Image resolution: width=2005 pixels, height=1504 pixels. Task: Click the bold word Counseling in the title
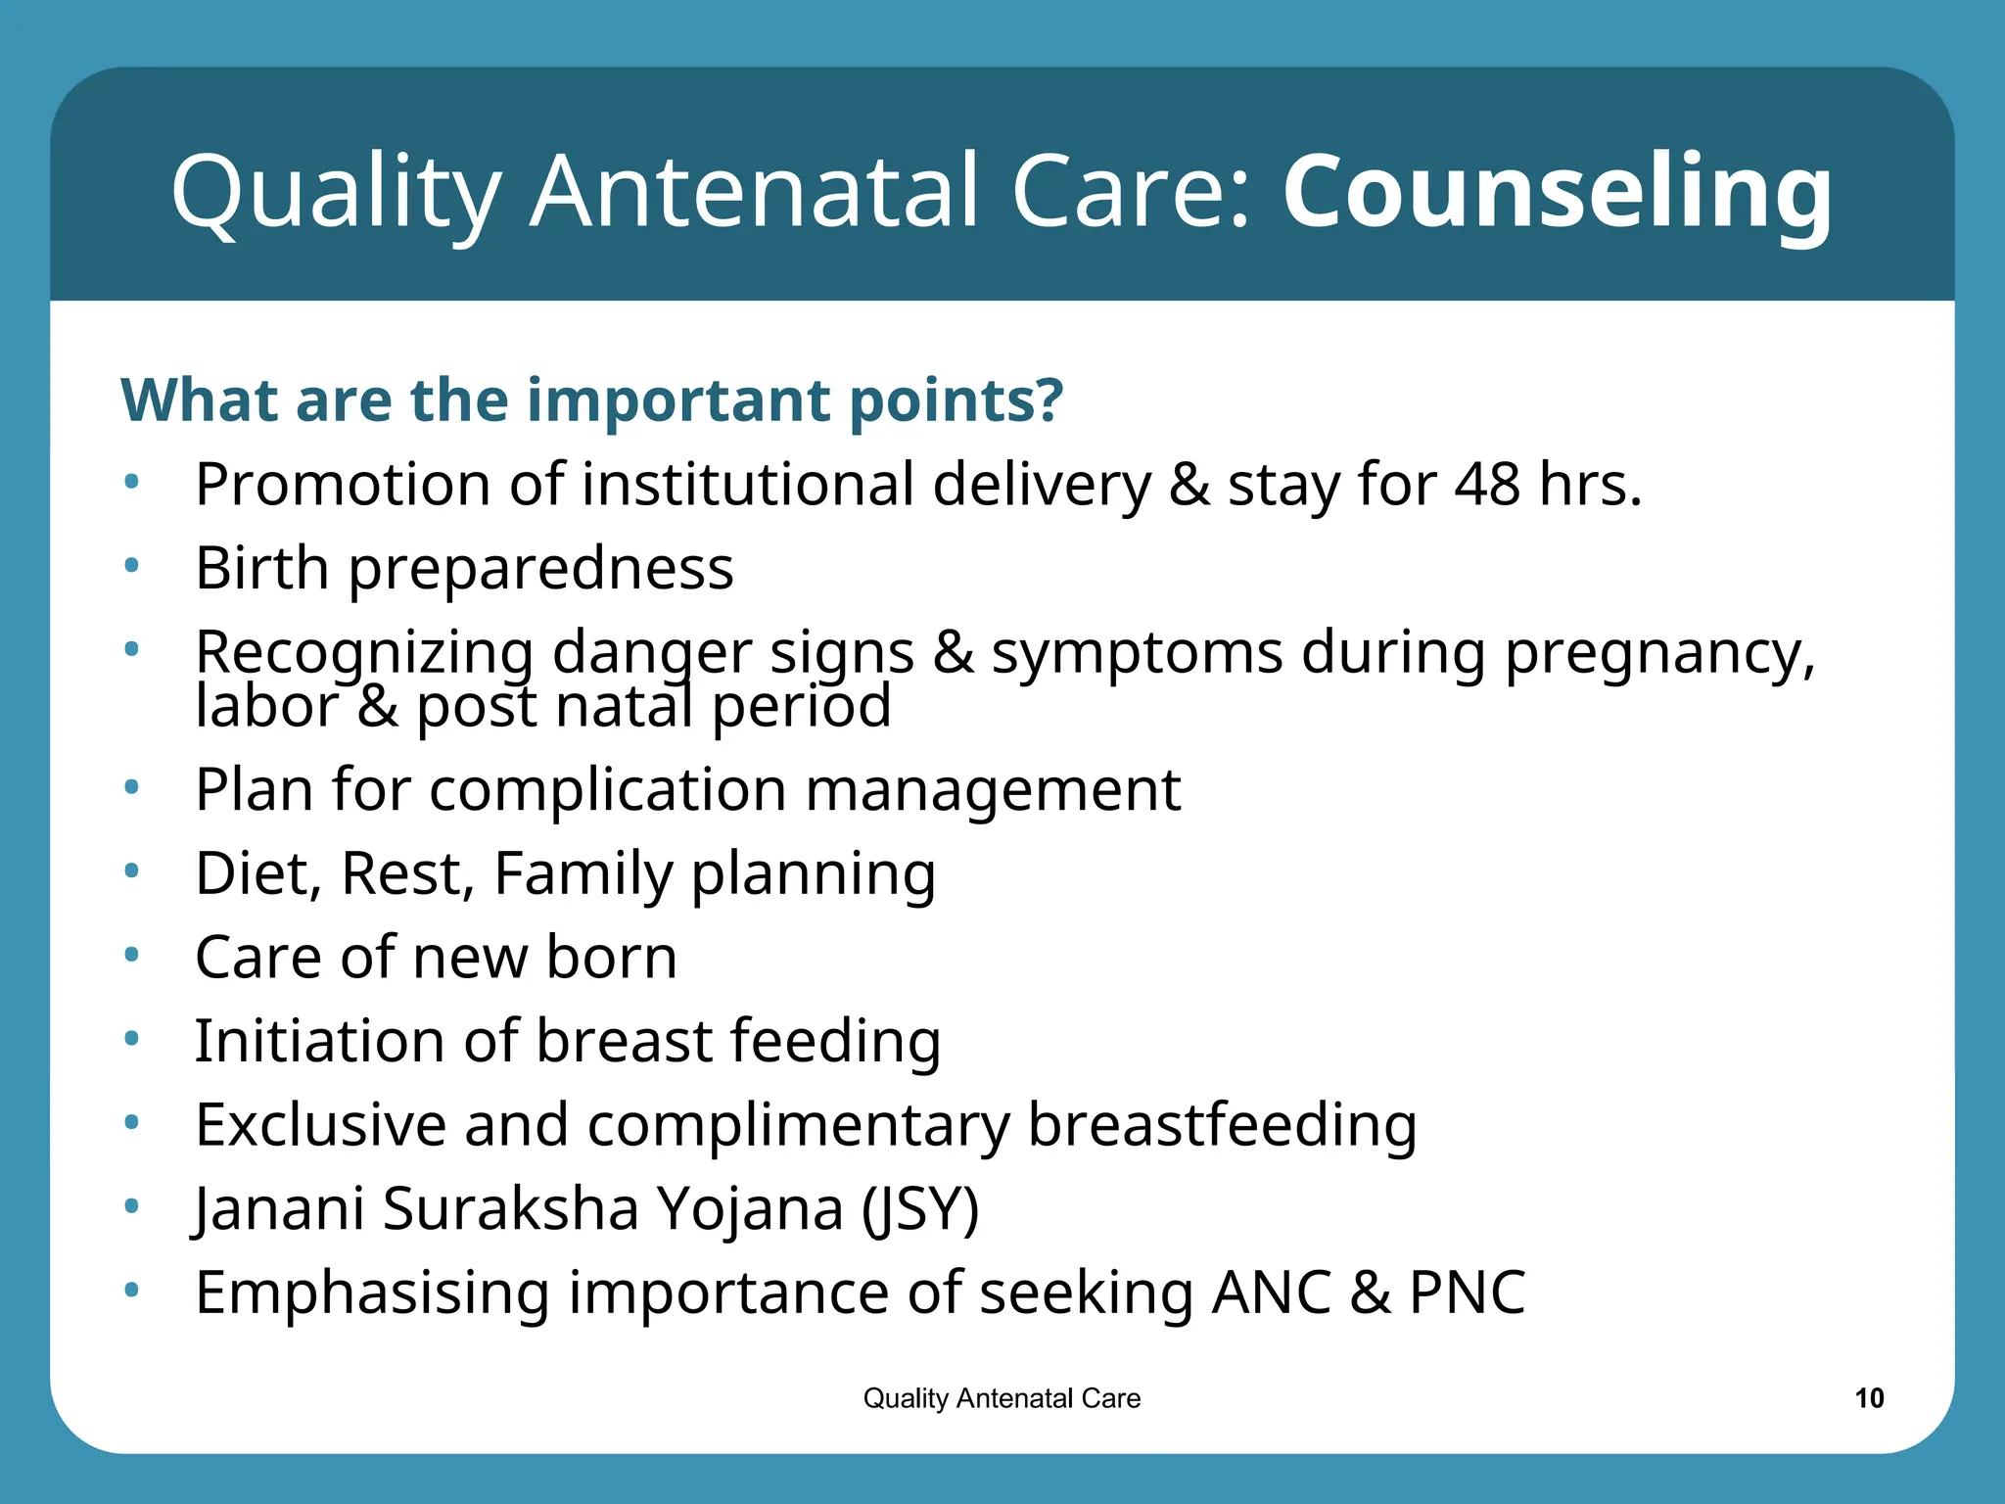[x=1557, y=192]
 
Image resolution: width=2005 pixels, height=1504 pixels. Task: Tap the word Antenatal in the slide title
[x=754, y=192]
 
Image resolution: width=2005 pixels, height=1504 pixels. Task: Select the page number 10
[x=1869, y=1398]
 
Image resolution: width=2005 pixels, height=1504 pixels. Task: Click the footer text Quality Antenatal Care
[x=1002, y=1398]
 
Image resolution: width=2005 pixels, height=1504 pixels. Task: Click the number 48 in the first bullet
[x=1487, y=485]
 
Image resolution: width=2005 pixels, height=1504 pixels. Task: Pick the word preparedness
[x=540, y=569]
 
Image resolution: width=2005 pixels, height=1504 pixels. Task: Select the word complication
[x=607, y=790]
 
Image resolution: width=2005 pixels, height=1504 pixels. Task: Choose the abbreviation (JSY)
[x=920, y=1209]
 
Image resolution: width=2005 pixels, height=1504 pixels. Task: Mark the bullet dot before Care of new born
[x=132, y=955]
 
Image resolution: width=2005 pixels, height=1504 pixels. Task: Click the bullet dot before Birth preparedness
[x=132, y=566]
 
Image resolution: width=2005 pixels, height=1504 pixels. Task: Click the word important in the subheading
[x=679, y=400]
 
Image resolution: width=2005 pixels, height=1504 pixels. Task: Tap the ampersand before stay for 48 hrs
[x=1189, y=485]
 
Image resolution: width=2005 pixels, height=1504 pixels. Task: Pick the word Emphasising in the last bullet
[x=372, y=1292]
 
